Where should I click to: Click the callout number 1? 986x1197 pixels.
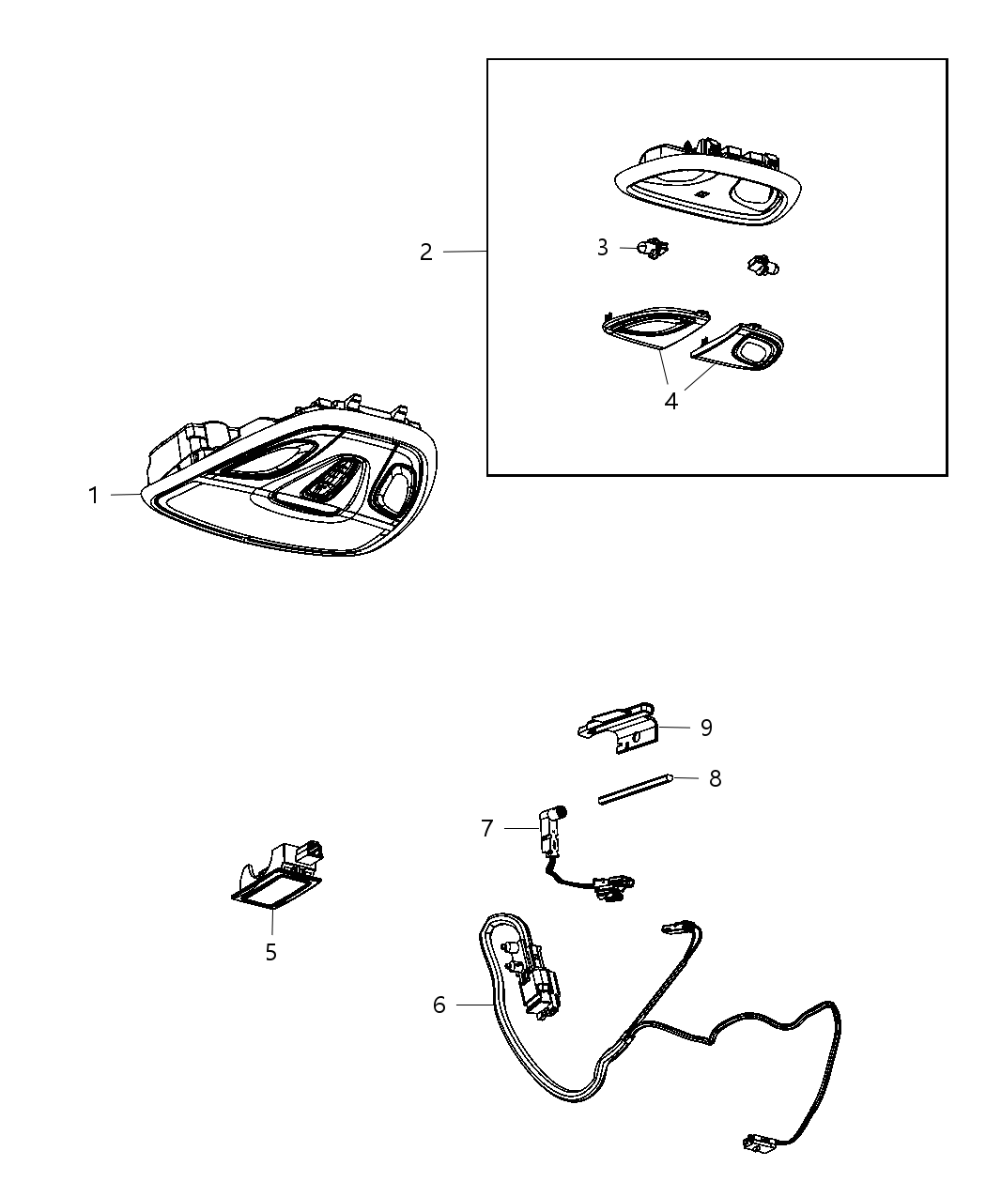[x=94, y=496]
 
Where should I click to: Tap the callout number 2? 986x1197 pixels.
[x=425, y=253]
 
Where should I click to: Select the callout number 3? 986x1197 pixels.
[x=602, y=248]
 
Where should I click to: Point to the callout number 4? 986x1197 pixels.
[x=671, y=401]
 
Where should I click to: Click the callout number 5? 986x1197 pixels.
[x=271, y=952]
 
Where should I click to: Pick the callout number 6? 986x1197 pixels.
[x=439, y=1005]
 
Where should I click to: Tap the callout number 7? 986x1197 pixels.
[x=487, y=828]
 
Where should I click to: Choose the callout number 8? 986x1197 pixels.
[x=716, y=778]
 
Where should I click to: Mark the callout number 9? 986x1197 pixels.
[x=707, y=728]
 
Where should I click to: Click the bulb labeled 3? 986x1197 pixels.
[x=653, y=248]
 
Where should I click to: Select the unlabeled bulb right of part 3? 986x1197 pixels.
[x=763, y=265]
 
